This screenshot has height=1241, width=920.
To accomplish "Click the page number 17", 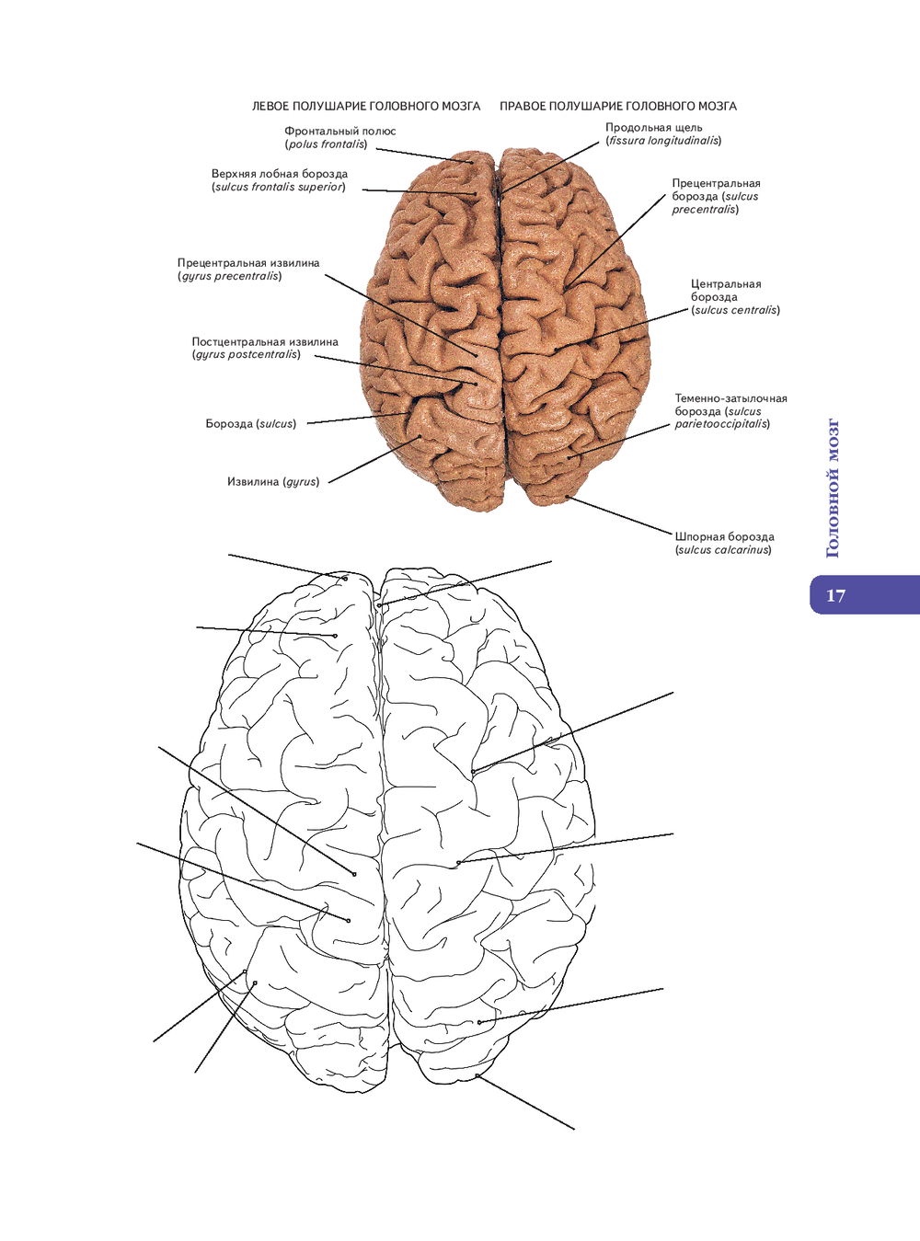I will click(835, 595).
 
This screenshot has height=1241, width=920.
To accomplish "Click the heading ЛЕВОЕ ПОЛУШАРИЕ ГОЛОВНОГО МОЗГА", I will click(366, 107).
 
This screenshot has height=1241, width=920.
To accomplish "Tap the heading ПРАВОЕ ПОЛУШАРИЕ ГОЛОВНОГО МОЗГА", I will click(618, 107).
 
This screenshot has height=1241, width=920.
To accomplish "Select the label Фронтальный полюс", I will click(339, 132).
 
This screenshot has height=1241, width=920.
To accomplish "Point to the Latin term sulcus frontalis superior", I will click(279, 188).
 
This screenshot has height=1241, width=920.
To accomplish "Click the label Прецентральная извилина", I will click(248, 263).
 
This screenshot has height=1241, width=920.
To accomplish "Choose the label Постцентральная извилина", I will click(265, 342).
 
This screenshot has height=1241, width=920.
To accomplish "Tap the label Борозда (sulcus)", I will click(250, 424).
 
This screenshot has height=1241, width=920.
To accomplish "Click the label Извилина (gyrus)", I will click(273, 482).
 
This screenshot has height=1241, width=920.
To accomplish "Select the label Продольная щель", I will click(653, 128).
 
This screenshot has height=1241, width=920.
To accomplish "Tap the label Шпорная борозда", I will click(724, 537).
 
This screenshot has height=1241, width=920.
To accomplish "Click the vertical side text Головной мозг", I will click(833, 488).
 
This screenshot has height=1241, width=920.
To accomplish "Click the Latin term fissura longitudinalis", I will click(663, 142).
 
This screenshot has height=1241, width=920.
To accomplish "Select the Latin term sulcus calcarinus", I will click(723, 550).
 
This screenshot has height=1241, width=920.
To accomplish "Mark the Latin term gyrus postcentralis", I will click(247, 355).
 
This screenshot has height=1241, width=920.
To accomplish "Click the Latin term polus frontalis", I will click(326, 144).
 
